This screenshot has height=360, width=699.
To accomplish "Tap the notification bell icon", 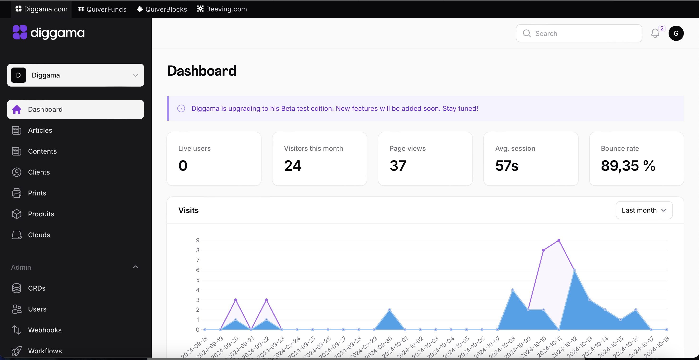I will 655,33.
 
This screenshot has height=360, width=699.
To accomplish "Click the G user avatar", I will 676,33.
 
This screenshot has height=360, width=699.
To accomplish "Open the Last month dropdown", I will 644,210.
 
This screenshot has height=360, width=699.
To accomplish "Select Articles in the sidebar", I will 40,130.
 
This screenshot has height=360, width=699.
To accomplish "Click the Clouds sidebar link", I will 39,235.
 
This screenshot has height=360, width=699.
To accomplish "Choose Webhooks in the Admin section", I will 44,330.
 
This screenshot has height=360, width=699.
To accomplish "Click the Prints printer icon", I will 17,193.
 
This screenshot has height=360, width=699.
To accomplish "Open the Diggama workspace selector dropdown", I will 75,75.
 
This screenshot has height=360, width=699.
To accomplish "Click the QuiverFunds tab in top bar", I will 102,9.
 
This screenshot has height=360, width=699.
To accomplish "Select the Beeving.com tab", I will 222,9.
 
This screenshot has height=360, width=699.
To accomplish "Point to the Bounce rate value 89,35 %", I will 628,166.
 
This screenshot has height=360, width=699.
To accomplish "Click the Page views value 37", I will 398,166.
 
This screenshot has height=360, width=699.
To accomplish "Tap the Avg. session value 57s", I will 507,166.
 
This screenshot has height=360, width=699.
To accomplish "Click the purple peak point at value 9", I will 559,240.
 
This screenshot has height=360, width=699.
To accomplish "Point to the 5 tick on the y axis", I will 198,280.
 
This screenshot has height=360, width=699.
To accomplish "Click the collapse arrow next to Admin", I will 136,267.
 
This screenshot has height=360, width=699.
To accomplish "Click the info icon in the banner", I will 181,108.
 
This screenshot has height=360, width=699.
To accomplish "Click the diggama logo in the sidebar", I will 49,33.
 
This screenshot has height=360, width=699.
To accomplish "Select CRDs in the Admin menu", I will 36,288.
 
